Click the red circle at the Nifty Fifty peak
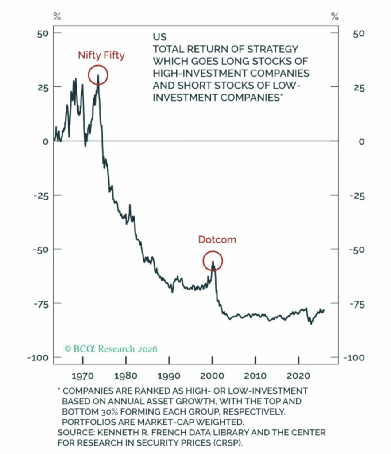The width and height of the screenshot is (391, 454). tap(98, 74)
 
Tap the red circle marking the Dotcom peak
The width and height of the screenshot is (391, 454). tap(213, 261)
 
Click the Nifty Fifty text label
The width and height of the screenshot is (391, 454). tap(101, 55)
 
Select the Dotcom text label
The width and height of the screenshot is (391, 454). tap(217, 240)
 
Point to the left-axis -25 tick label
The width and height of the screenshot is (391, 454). tap(40, 196)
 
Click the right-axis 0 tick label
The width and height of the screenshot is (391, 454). tap(362, 141)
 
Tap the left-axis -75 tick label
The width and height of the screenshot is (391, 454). tap(40, 304)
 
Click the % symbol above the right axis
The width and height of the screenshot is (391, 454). tap(335, 17)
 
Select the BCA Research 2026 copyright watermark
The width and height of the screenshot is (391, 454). tap(111, 349)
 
